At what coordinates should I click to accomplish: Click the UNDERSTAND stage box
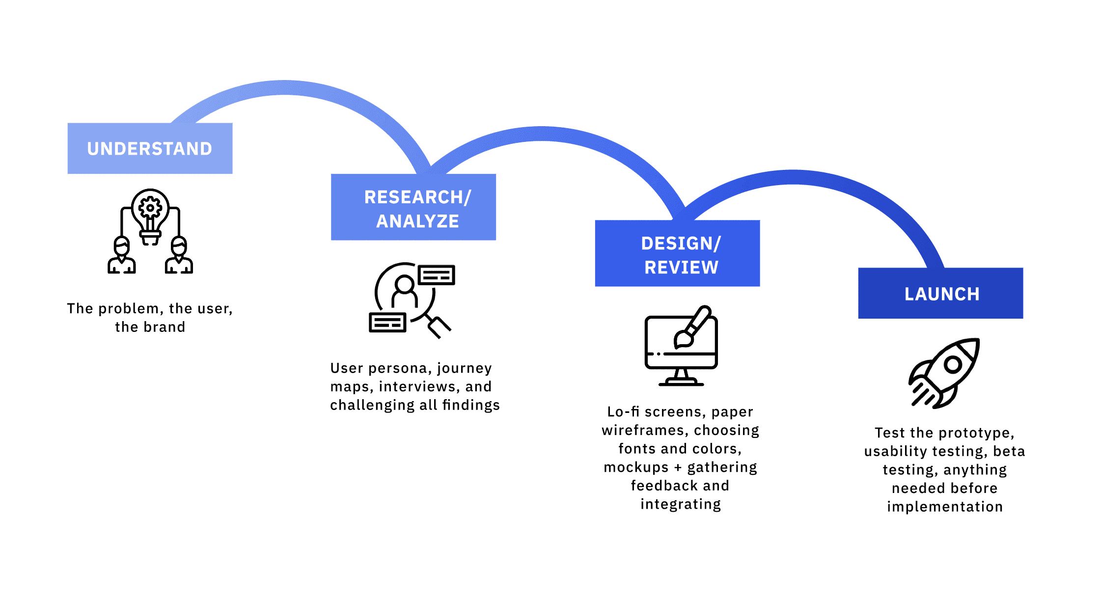(150, 148)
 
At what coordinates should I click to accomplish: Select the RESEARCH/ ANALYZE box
(413, 207)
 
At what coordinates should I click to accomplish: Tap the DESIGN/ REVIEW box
(677, 253)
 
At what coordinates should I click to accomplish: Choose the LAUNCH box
(940, 294)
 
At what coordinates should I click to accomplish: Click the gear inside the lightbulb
(150, 208)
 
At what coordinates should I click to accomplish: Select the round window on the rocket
(953, 364)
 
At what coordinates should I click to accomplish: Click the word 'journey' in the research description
(464, 368)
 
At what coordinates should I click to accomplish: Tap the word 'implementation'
(945, 507)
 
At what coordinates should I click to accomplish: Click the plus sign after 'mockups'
(678, 467)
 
